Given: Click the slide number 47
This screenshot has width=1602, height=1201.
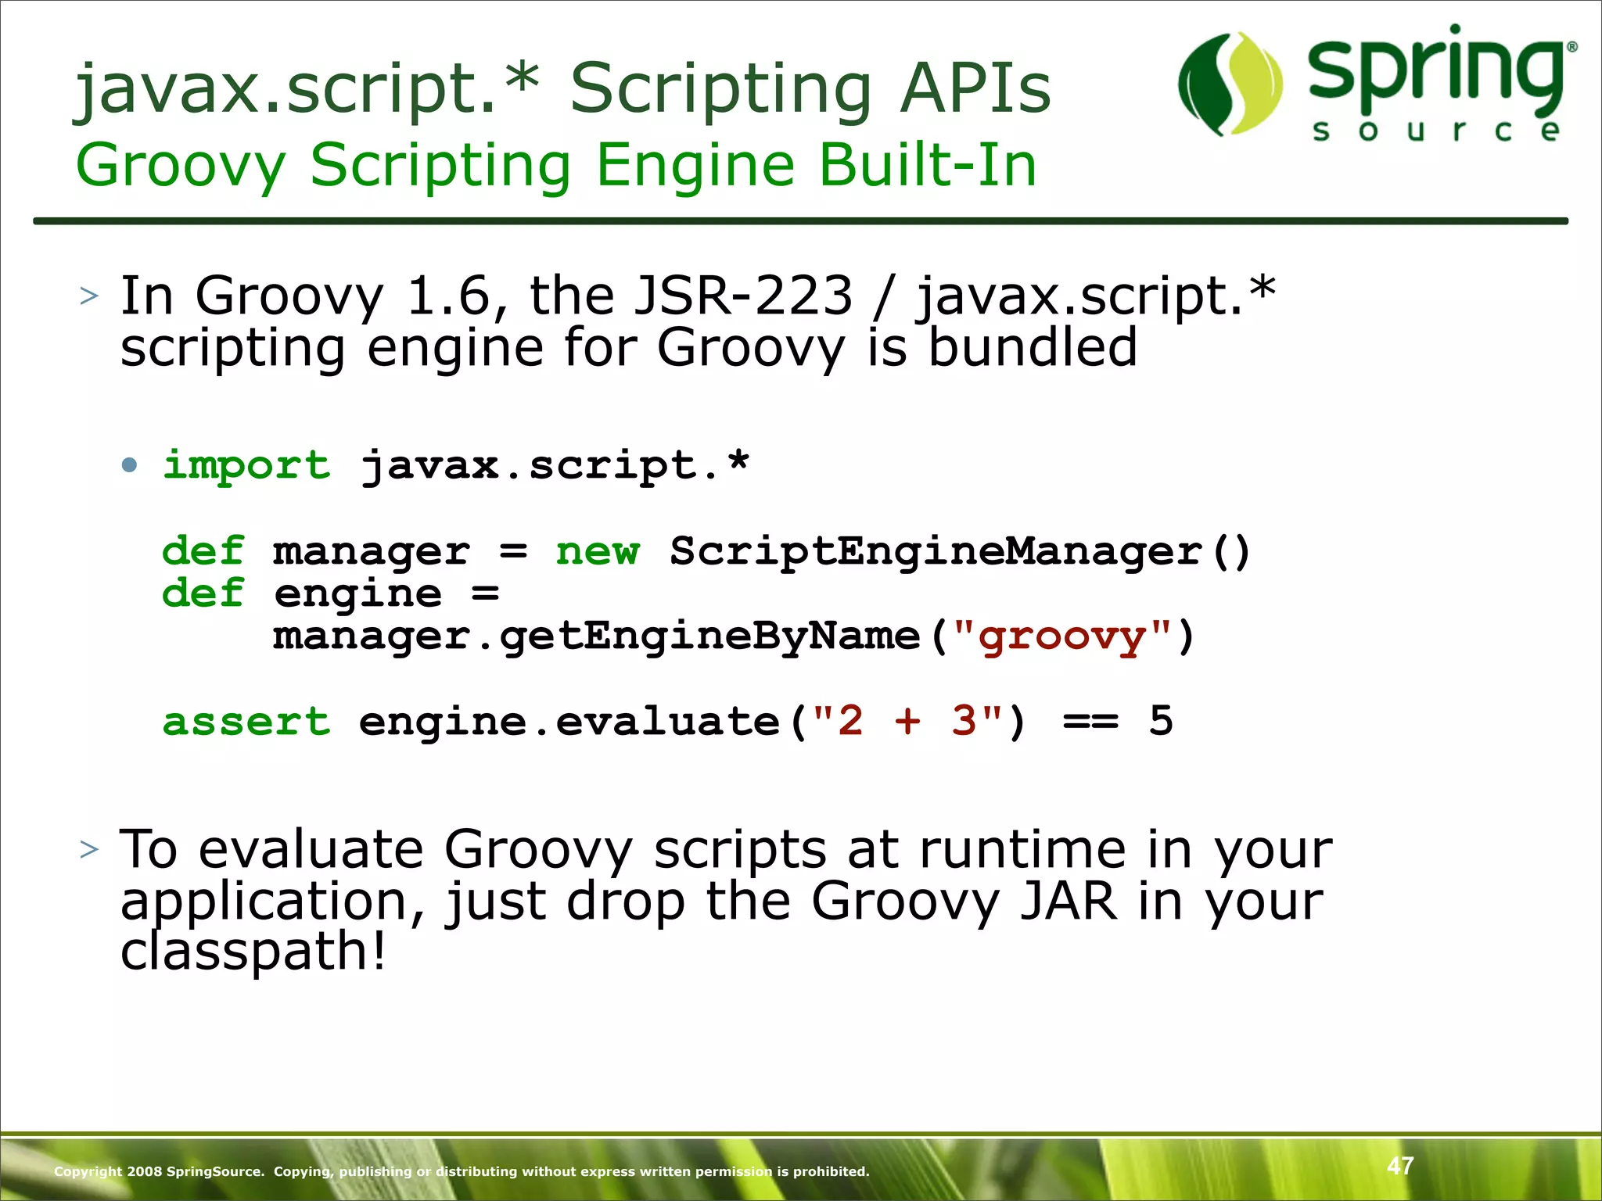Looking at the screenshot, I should click(x=1400, y=1166).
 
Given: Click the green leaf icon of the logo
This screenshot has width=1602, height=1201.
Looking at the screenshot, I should click(x=1230, y=84).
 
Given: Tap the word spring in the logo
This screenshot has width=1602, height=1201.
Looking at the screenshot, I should click(x=1436, y=70).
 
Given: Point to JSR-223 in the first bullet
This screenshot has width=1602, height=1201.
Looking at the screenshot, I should click(x=742, y=296).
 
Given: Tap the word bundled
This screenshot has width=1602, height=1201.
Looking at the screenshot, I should click(x=1032, y=348).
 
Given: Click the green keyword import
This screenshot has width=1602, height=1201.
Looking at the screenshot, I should click(x=246, y=465).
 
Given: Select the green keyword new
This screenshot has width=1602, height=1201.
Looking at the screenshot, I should click(x=598, y=551).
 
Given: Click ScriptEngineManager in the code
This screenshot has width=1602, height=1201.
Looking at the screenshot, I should click(x=936, y=551).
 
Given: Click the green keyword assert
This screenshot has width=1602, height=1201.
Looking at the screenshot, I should click(x=246, y=721).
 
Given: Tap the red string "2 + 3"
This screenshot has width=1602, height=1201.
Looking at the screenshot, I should click(x=907, y=721).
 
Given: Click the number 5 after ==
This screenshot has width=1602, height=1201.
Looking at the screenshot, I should click(x=1161, y=721).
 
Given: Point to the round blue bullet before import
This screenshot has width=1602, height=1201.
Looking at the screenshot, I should click(x=130, y=466).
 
